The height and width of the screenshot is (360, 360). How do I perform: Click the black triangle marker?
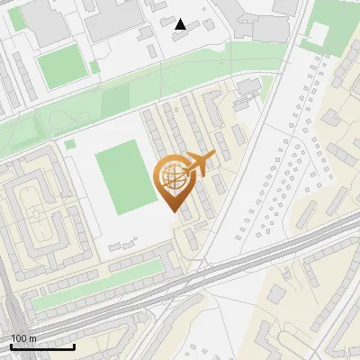point(181,24)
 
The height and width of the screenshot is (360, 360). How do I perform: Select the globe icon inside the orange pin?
point(173,177)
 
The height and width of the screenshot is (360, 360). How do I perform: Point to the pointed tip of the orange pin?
point(174,212)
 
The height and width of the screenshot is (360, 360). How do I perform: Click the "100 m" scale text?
point(23,338)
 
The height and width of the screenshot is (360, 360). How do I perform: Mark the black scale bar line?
point(42,346)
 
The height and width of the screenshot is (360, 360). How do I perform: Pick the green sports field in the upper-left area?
point(62,67)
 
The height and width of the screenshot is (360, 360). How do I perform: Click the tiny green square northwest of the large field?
point(70,144)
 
